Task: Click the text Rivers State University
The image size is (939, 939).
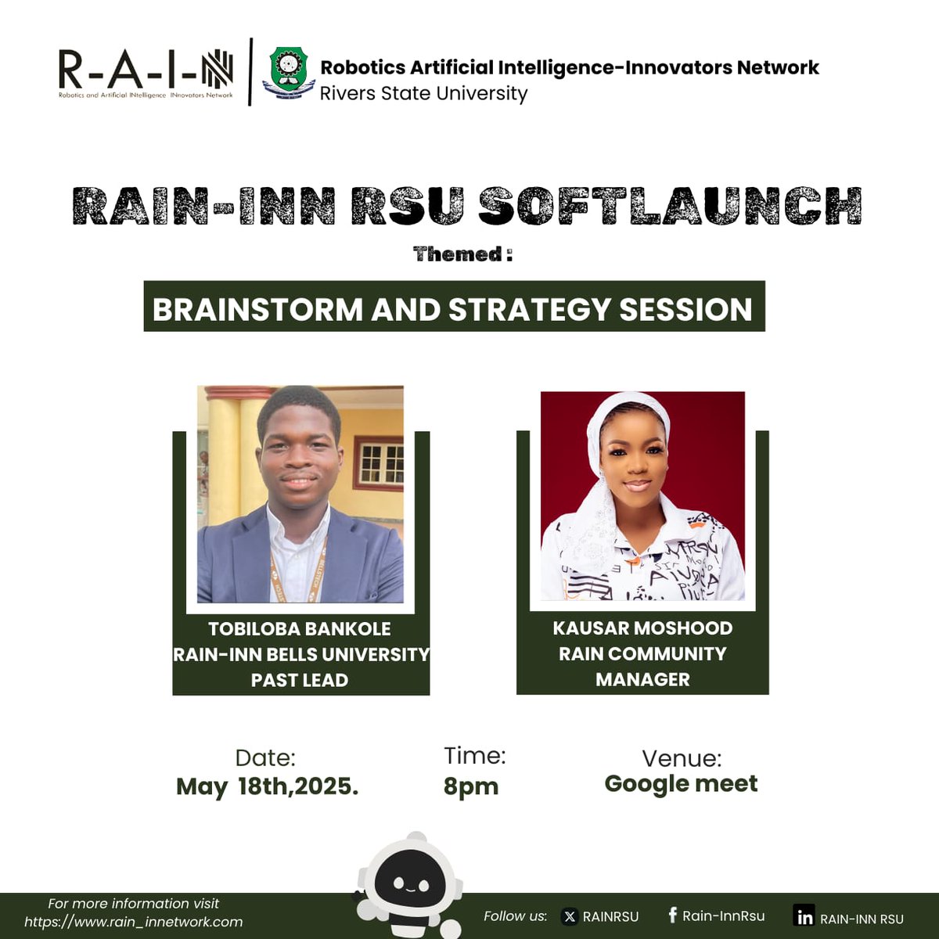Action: tap(423, 94)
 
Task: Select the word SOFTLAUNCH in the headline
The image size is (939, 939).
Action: tap(670, 207)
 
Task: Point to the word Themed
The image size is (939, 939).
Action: tap(457, 254)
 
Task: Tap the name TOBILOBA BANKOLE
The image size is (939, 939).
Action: tap(300, 629)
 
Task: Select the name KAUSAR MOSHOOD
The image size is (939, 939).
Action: tap(642, 628)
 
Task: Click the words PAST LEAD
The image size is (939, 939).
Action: tap(300, 681)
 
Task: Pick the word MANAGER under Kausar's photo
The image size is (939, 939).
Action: tap(642, 679)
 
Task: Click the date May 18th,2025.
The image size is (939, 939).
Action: tap(267, 786)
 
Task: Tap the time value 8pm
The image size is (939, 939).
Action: tap(470, 786)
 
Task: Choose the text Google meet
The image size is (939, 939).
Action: tap(681, 783)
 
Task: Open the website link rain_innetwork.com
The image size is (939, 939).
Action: tap(133, 922)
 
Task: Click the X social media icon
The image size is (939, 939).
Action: tap(570, 917)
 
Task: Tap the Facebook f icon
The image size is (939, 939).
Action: tap(672, 916)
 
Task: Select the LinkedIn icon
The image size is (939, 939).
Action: tap(804, 916)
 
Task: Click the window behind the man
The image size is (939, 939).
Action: tap(380, 462)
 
